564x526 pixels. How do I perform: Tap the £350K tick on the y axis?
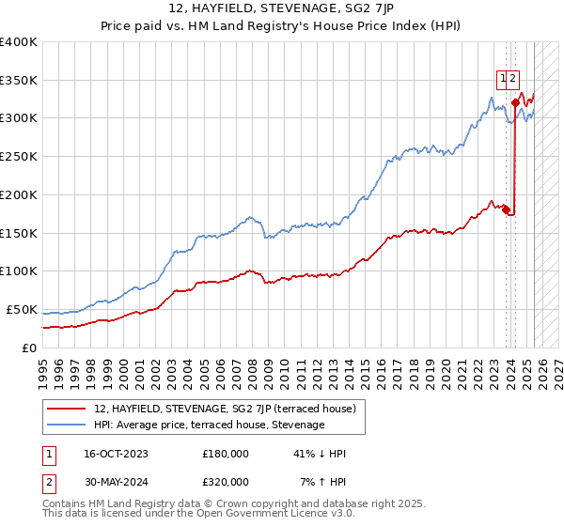tap(19, 80)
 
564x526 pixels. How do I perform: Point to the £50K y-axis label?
tap(22, 309)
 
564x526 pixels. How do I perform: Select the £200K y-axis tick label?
tap(19, 194)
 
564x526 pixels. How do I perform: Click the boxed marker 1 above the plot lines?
tap(503, 79)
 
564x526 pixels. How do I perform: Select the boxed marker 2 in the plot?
tap(514, 79)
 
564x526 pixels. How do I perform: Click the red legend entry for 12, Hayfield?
tap(224, 409)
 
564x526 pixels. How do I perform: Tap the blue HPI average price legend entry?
tap(209, 425)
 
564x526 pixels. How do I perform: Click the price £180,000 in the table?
tap(226, 454)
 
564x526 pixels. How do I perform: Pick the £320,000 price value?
tap(226, 482)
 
